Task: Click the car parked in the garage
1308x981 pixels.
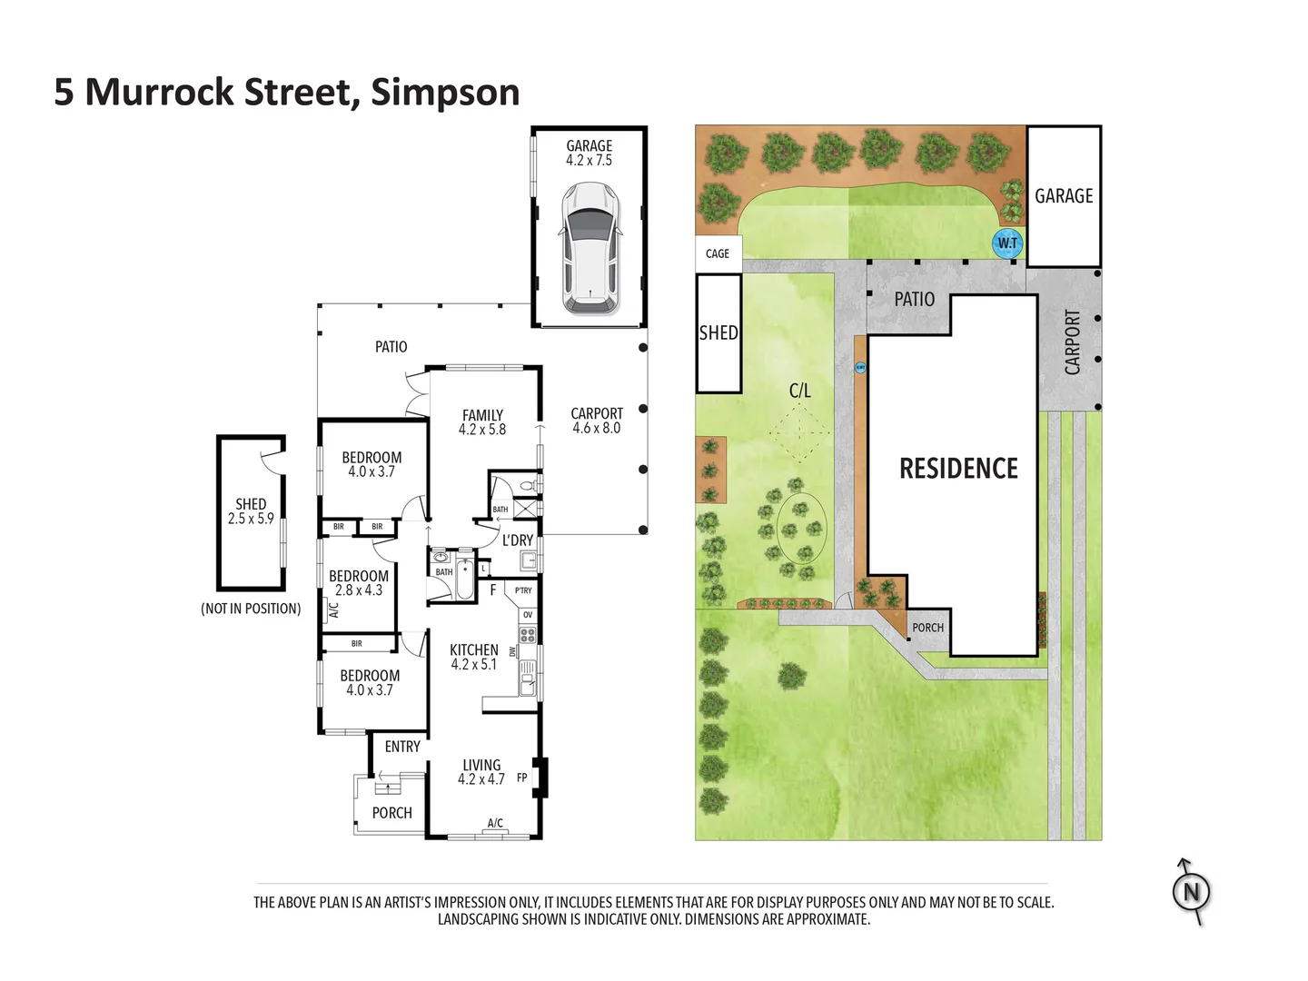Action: click(589, 248)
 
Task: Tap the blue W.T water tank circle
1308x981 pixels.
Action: click(1006, 243)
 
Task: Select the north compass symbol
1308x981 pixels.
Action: click(1190, 892)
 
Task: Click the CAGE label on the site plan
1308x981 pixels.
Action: click(717, 253)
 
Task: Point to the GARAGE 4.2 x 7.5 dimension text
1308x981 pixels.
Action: click(589, 154)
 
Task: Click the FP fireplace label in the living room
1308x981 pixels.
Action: click(521, 778)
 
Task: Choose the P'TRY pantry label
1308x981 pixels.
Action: click(523, 590)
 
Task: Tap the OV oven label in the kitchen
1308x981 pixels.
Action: click(528, 615)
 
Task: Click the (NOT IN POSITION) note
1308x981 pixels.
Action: click(251, 609)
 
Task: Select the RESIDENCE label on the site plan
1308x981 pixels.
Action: click(958, 468)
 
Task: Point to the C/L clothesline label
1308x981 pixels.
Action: click(799, 391)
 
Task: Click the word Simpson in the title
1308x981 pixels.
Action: click(445, 93)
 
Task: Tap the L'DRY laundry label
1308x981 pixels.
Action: click(517, 540)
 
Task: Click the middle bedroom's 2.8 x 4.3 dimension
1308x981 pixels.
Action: click(358, 590)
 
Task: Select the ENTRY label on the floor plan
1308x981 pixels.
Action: click(402, 747)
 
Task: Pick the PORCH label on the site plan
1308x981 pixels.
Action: click(927, 627)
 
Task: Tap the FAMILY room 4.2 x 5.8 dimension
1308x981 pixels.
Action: click(482, 430)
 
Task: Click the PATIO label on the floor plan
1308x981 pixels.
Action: click(391, 347)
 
